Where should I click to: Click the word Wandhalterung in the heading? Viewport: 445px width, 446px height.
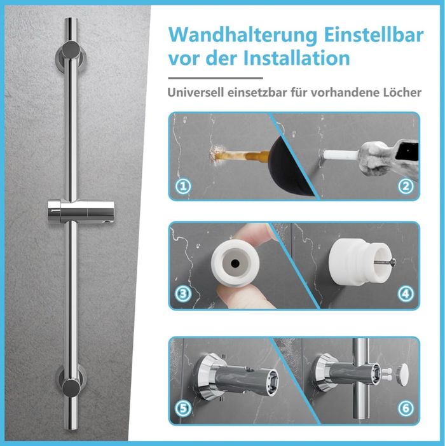pos(243,36)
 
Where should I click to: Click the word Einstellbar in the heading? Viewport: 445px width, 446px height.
pos(374,34)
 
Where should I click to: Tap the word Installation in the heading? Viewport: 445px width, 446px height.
pos(296,58)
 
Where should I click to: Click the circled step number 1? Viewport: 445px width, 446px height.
pos(183,186)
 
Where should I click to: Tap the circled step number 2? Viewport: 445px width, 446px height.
pos(406,186)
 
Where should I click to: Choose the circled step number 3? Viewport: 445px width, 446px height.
pos(183,294)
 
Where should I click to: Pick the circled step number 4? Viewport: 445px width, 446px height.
pos(406,294)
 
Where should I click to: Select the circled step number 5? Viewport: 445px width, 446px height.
pos(183,408)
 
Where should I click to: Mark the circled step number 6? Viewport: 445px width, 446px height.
pos(406,408)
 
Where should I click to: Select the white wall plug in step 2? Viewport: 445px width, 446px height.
pos(341,155)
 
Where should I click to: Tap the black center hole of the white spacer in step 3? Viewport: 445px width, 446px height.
pos(235,263)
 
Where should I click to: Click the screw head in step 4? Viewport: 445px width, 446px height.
pos(393,262)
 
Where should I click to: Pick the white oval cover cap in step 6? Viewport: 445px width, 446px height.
pos(402,375)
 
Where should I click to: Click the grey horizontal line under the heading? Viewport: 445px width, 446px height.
pos(216,78)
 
